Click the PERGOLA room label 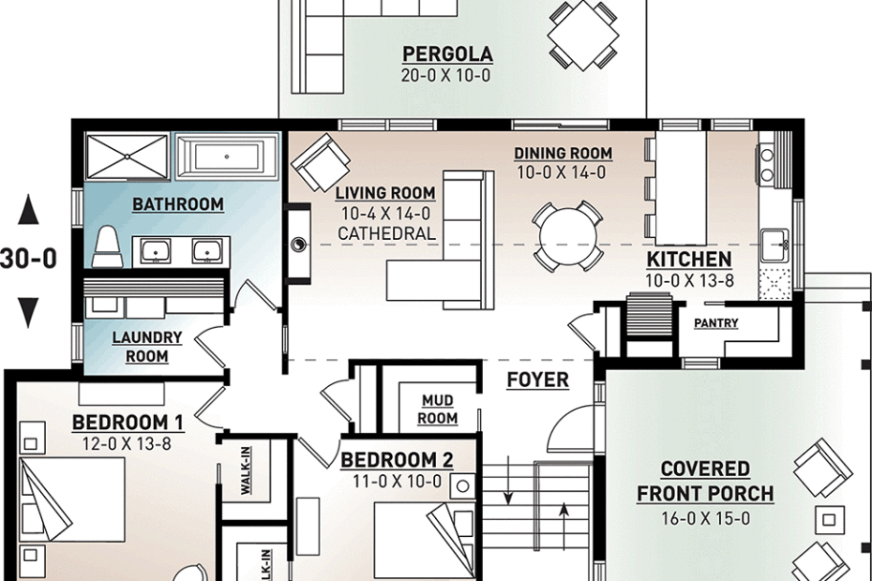tap(447, 54)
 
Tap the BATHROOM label tap(178, 204)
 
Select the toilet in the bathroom tap(108, 246)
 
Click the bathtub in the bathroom tap(227, 156)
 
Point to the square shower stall tap(128, 156)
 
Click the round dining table tap(568, 236)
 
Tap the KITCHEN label tap(689, 260)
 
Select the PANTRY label tap(716, 323)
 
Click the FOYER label tap(538, 380)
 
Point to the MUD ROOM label tap(438, 410)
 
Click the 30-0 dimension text tap(28, 259)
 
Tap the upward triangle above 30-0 tap(28, 212)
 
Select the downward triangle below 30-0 tap(28, 312)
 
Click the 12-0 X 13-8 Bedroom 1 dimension tap(127, 443)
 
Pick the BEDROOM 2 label tap(397, 460)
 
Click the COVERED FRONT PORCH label tap(705, 482)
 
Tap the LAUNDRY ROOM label tap(147, 347)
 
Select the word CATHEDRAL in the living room tap(386, 233)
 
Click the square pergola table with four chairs tap(583, 35)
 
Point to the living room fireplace tap(298, 244)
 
